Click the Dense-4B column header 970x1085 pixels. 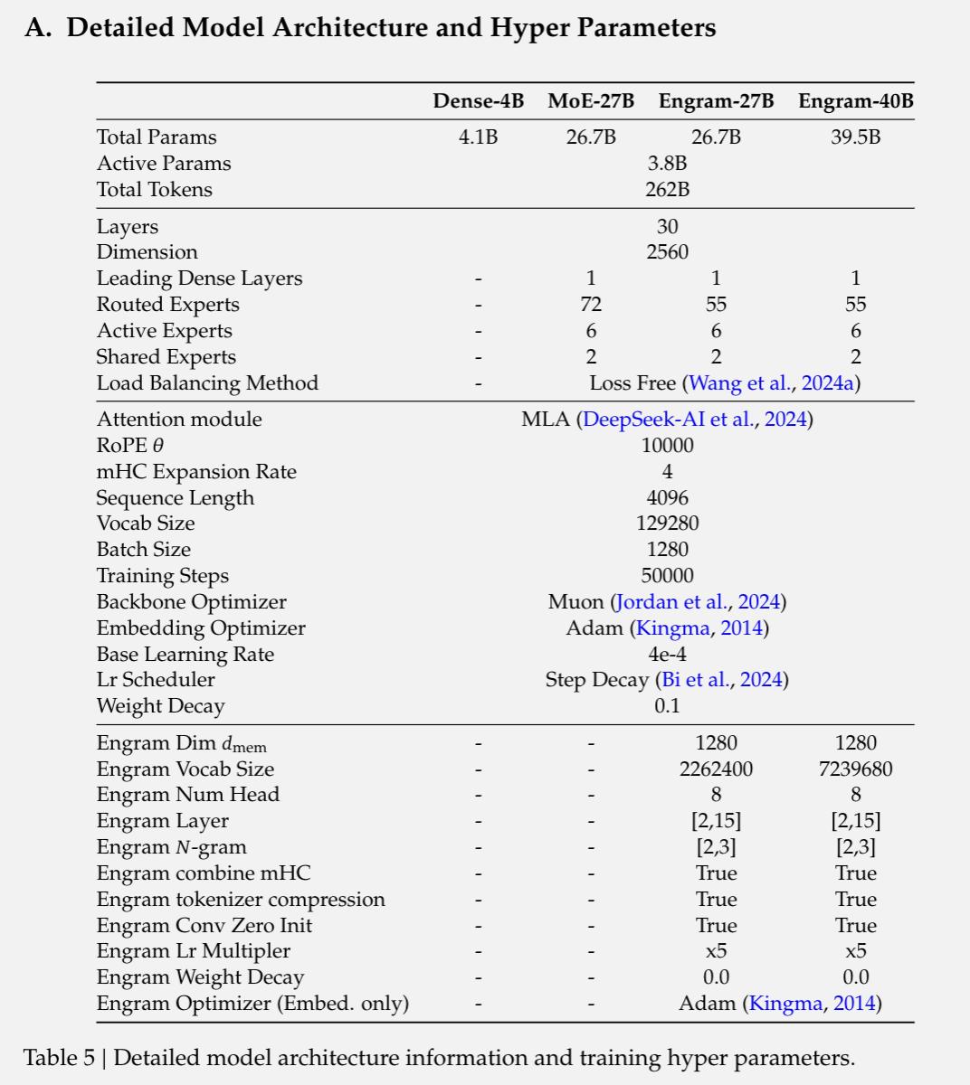[x=478, y=101]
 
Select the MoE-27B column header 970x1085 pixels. [x=590, y=101]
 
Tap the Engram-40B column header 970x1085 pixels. [x=855, y=101]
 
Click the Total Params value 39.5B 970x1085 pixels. [x=855, y=137]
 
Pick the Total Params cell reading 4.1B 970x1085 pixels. [x=478, y=137]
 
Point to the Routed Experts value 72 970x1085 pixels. [x=591, y=305]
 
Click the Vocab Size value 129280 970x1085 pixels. [x=667, y=524]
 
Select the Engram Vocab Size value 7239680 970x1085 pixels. [x=855, y=769]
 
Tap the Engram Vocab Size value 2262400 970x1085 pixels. [x=716, y=769]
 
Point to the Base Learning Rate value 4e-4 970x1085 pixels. [x=667, y=655]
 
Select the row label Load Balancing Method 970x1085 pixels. [x=207, y=383]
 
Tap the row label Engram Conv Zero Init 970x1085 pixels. [x=204, y=926]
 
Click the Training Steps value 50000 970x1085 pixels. [x=667, y=576]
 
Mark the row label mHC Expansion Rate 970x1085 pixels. [x=196, y=472]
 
